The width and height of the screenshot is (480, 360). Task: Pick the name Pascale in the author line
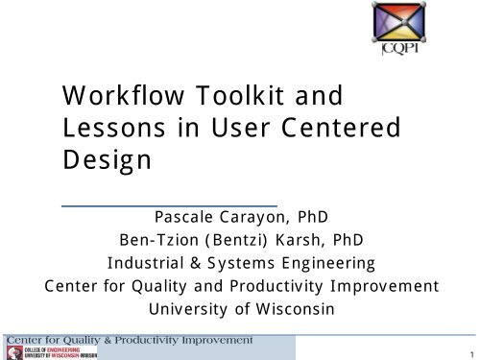(x=203, y=217)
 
